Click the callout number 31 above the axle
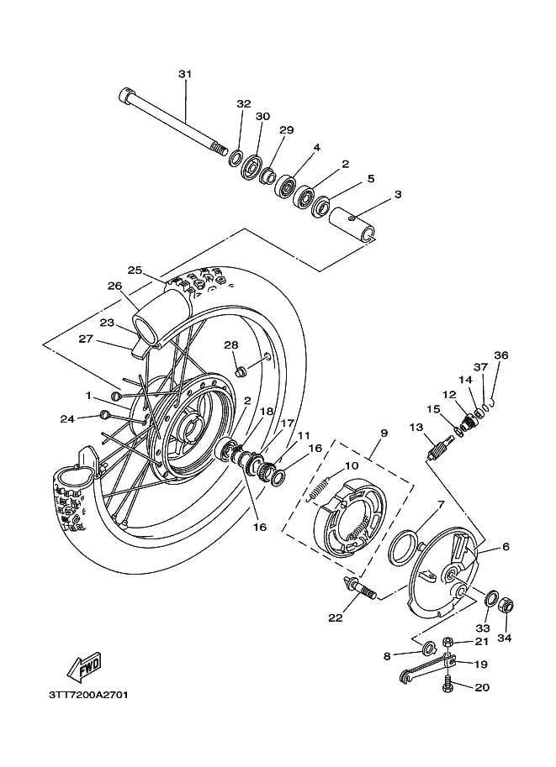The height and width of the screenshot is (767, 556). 185,75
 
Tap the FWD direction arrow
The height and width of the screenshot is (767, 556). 85,667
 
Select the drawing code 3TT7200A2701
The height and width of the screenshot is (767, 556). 88,695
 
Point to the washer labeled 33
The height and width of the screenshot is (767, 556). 491,599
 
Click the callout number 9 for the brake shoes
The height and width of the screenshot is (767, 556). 384,433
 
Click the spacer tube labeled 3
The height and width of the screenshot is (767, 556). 352,224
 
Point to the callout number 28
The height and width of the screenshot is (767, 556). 231,345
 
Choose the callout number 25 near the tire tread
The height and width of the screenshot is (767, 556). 135,270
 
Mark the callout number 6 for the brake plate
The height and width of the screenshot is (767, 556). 506,546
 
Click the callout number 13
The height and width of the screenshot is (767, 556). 416,428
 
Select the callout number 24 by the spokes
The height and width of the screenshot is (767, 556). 67,418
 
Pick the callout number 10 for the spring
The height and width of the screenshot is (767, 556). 352,465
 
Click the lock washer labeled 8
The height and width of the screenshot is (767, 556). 430,649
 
